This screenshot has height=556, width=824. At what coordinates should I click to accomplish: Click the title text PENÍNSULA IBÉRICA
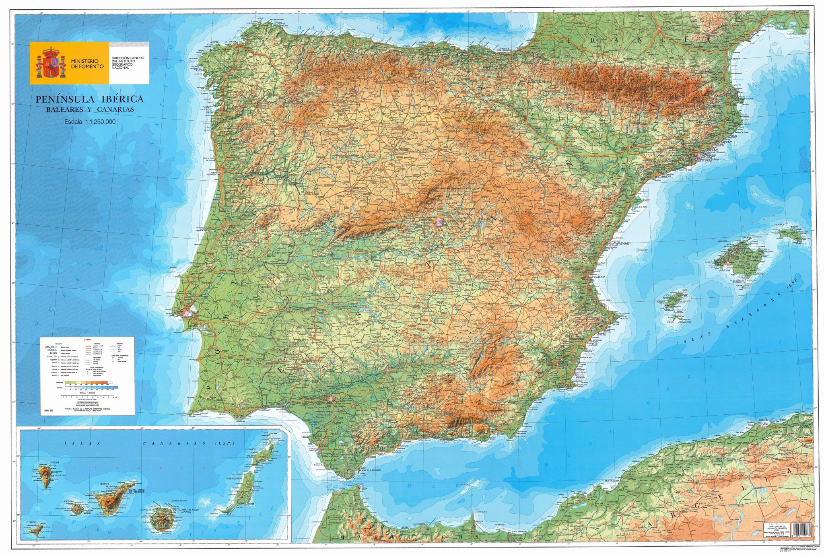[x=89, y=99]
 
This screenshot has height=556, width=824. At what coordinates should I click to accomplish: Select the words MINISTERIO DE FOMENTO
[x=87, y=64]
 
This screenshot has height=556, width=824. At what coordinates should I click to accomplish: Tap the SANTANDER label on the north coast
[x=426, y=42]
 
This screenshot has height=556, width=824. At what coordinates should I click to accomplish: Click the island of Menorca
[x=789, y=235]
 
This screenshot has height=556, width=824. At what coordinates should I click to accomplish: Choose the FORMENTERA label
[x=683, y=322]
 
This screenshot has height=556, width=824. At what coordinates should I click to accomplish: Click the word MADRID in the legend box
[x=51, y=346]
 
